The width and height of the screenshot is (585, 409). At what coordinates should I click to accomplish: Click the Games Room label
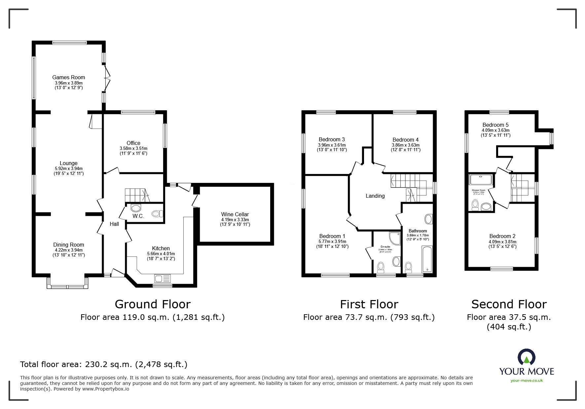68,78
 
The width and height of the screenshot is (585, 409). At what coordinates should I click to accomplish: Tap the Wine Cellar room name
235,214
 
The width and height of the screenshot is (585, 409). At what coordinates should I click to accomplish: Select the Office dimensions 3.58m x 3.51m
133,148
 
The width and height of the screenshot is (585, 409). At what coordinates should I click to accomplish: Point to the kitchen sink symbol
162,279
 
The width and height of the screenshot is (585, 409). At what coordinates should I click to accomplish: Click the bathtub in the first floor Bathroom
427,259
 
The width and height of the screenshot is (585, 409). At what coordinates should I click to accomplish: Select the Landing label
375,196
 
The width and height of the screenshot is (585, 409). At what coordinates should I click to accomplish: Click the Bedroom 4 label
406,140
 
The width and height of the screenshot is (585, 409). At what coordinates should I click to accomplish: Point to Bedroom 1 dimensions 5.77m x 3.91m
332,241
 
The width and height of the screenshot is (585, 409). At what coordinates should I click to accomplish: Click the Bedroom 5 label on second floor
495,125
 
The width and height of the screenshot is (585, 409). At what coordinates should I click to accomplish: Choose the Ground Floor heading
152,304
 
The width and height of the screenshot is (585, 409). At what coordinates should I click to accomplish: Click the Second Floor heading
509,304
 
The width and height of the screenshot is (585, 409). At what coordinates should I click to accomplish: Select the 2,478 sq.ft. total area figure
161,364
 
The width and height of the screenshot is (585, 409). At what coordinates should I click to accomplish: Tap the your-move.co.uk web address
527,381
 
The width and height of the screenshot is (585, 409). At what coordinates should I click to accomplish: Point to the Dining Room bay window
68,286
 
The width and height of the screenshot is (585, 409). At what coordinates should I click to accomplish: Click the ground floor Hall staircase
136,195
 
